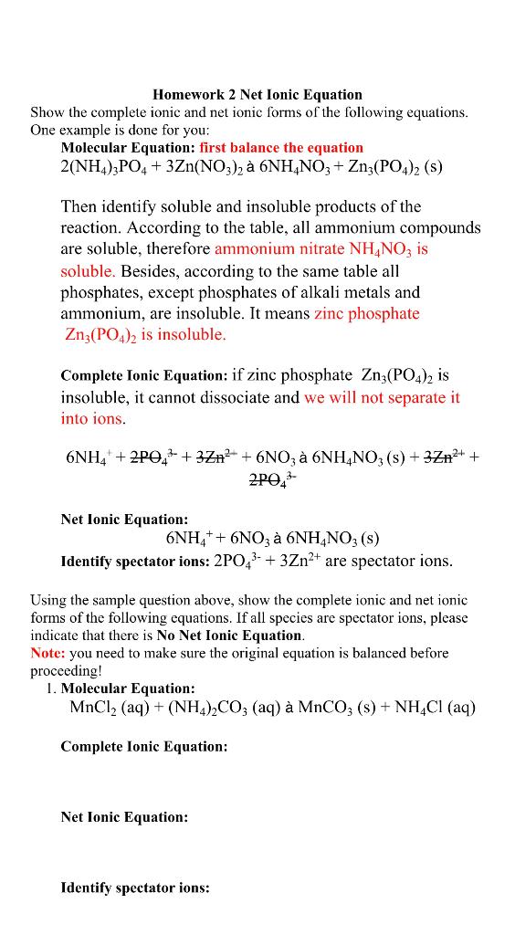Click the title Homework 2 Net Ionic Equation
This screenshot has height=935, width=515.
pos(257,94)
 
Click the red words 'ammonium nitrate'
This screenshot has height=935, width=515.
pos(280,248)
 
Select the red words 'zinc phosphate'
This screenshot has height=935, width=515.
pos(366,314)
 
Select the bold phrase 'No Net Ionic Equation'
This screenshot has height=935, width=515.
pos(229,635)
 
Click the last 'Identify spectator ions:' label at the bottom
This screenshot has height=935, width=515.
pos(135,887)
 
